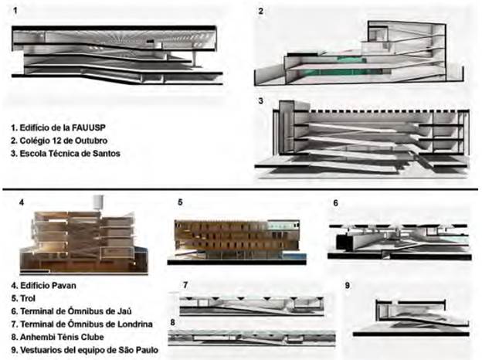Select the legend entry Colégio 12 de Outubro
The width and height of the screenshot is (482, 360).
tap(59, 139)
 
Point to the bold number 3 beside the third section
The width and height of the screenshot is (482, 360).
tap(261, 101)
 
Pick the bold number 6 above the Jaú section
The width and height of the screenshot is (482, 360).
tap(335, 203)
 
